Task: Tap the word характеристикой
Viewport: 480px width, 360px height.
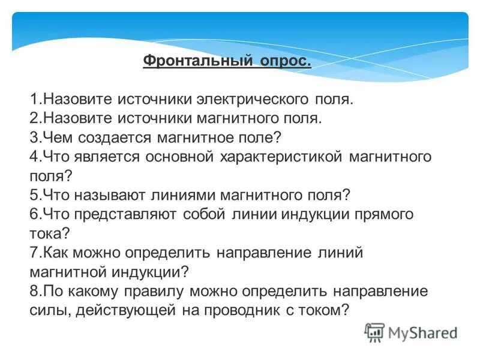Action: (x=281, y=157)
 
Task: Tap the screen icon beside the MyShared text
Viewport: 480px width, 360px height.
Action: (x=374, y=332)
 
